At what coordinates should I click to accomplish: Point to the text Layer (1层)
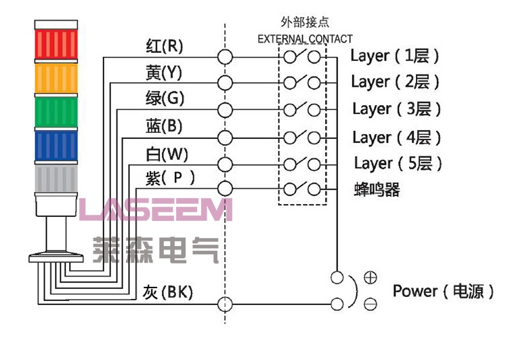[x=395, y=56]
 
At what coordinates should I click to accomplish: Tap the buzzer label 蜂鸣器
[x=377, y=190]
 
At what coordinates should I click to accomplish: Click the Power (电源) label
[x=444, y=292]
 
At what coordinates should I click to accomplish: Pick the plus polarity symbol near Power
[x=371, y=277]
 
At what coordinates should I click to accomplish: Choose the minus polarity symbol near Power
[x=371, y=304]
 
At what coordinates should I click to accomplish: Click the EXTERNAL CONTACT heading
[x=305, y=39]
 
